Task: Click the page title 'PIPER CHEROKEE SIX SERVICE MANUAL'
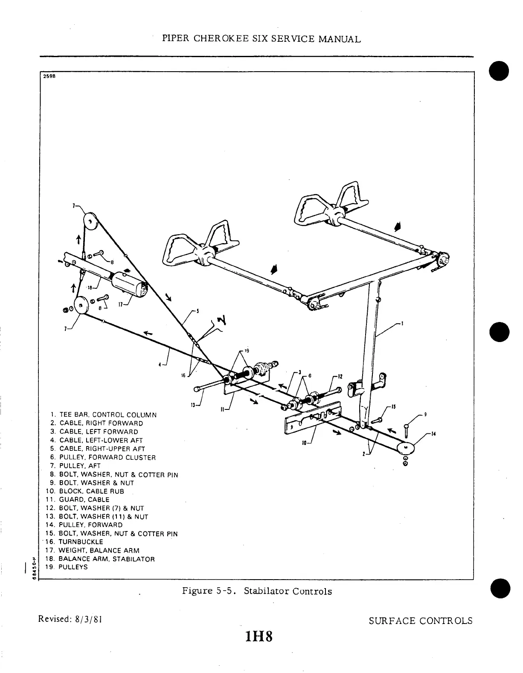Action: pyautogui.click(x=261, y=39)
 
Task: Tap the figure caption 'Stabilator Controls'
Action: pyautogui.click(x=288, y=591)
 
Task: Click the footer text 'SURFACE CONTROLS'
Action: pyautogui.click(x=420, y=621)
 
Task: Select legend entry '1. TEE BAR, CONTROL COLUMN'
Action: pyautogui.click(x=103, y=415)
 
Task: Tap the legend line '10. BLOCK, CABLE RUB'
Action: pyautogui.click(x=85, y=491)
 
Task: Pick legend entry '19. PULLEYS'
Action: pyautogui.click(x=69, y=567)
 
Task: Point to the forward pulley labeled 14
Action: pyautogui.click(x=406, y=448)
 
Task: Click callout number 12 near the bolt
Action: pyautogui.click(x=340, y=377)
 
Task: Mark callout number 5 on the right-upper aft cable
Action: pyautogui.click(x=197, y=310)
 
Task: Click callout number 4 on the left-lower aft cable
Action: pyautogui.click(x=160, y=364)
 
